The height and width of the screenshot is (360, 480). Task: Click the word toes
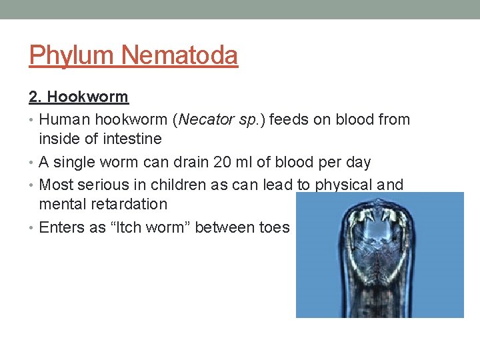273,227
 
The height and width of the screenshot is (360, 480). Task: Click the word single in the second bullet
78,162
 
